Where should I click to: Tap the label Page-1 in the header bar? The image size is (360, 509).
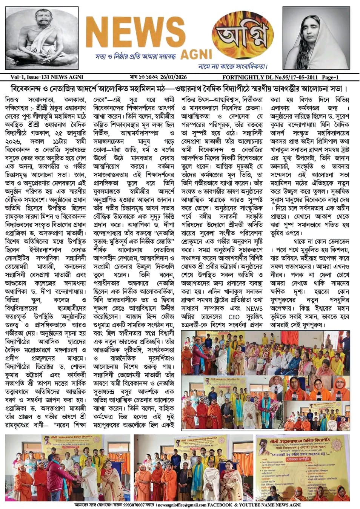pyautogui.click(x=330, y=78)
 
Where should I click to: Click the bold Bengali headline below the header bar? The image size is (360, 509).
pyautogui.click(x=180, y=89)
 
